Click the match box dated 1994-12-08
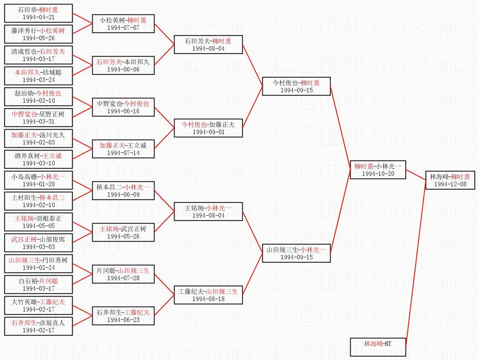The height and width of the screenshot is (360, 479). coord(450,181)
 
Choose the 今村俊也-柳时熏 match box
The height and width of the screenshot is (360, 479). coord(296,86)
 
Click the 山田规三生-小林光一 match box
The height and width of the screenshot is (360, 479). coord(296,253)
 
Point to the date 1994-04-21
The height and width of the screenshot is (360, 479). coord(39,18)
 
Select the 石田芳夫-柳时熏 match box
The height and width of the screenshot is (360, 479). coord(208,45)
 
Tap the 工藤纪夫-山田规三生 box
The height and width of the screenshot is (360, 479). coord(208,295)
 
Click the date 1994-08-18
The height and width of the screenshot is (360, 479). coord(208,299)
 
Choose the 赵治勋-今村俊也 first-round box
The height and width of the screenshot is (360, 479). coord(39,97)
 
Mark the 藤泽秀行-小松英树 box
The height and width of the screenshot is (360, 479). coord(39,34)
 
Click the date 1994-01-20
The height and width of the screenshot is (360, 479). coord(39,184)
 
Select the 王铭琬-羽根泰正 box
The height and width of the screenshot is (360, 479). coord(39,222)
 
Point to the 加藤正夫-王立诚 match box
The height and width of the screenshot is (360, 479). coord(123,149)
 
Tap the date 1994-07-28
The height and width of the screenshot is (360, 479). coord(123,278)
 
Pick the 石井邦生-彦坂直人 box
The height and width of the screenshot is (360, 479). coord(39,326)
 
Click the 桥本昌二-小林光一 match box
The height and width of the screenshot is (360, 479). coord(123,191)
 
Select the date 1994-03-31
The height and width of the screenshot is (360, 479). coord(39,122)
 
